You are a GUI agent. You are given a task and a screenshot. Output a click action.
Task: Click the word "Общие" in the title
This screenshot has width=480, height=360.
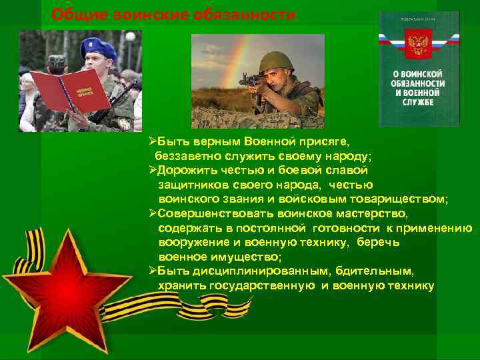74,15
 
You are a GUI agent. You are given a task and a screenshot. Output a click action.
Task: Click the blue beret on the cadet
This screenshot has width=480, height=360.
97,49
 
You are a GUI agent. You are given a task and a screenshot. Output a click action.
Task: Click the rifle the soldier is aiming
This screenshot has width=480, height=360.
257,81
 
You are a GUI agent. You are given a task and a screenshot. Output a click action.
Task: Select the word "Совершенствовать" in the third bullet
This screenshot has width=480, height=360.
213,213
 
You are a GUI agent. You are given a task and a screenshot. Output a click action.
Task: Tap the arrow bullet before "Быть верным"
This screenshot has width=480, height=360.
152,141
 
